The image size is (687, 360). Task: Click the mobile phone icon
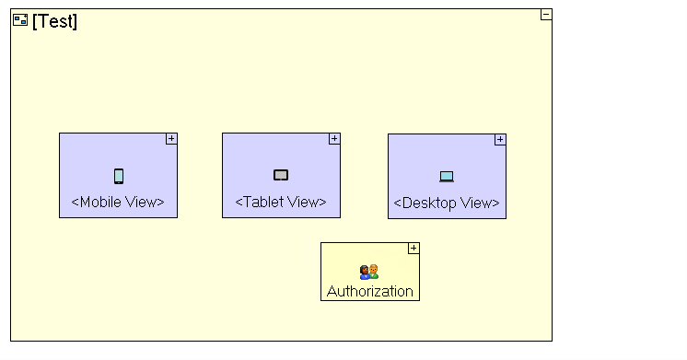[x=119, y=176]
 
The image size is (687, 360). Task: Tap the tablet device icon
[x=281, y=175]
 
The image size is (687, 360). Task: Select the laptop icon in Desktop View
[x=447, y=177]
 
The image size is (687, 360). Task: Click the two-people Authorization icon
[x=369, y=273]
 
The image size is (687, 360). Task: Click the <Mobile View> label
[x=118, y=202]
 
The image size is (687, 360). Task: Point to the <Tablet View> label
[x=281, y=202]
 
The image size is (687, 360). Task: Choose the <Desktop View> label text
[x=447, y=203]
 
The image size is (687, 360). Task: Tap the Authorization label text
[x=370, y=291]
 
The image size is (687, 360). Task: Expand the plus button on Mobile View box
[x=171, y=138]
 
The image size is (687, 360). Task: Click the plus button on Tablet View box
[x=334, y=138]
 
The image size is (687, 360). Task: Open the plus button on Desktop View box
[x=500, y=140]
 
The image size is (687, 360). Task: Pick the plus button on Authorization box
[x=413, y=248]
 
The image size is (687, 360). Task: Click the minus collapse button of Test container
[x=546, y=14]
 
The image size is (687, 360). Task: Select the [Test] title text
[x=55, y=21]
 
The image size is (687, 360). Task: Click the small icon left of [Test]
[x=20, y=20]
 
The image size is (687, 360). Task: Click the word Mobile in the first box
[x=102, y=202]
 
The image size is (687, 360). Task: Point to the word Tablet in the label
[x=262, y=202]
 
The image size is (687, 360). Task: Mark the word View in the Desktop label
[x=476, y=203]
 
